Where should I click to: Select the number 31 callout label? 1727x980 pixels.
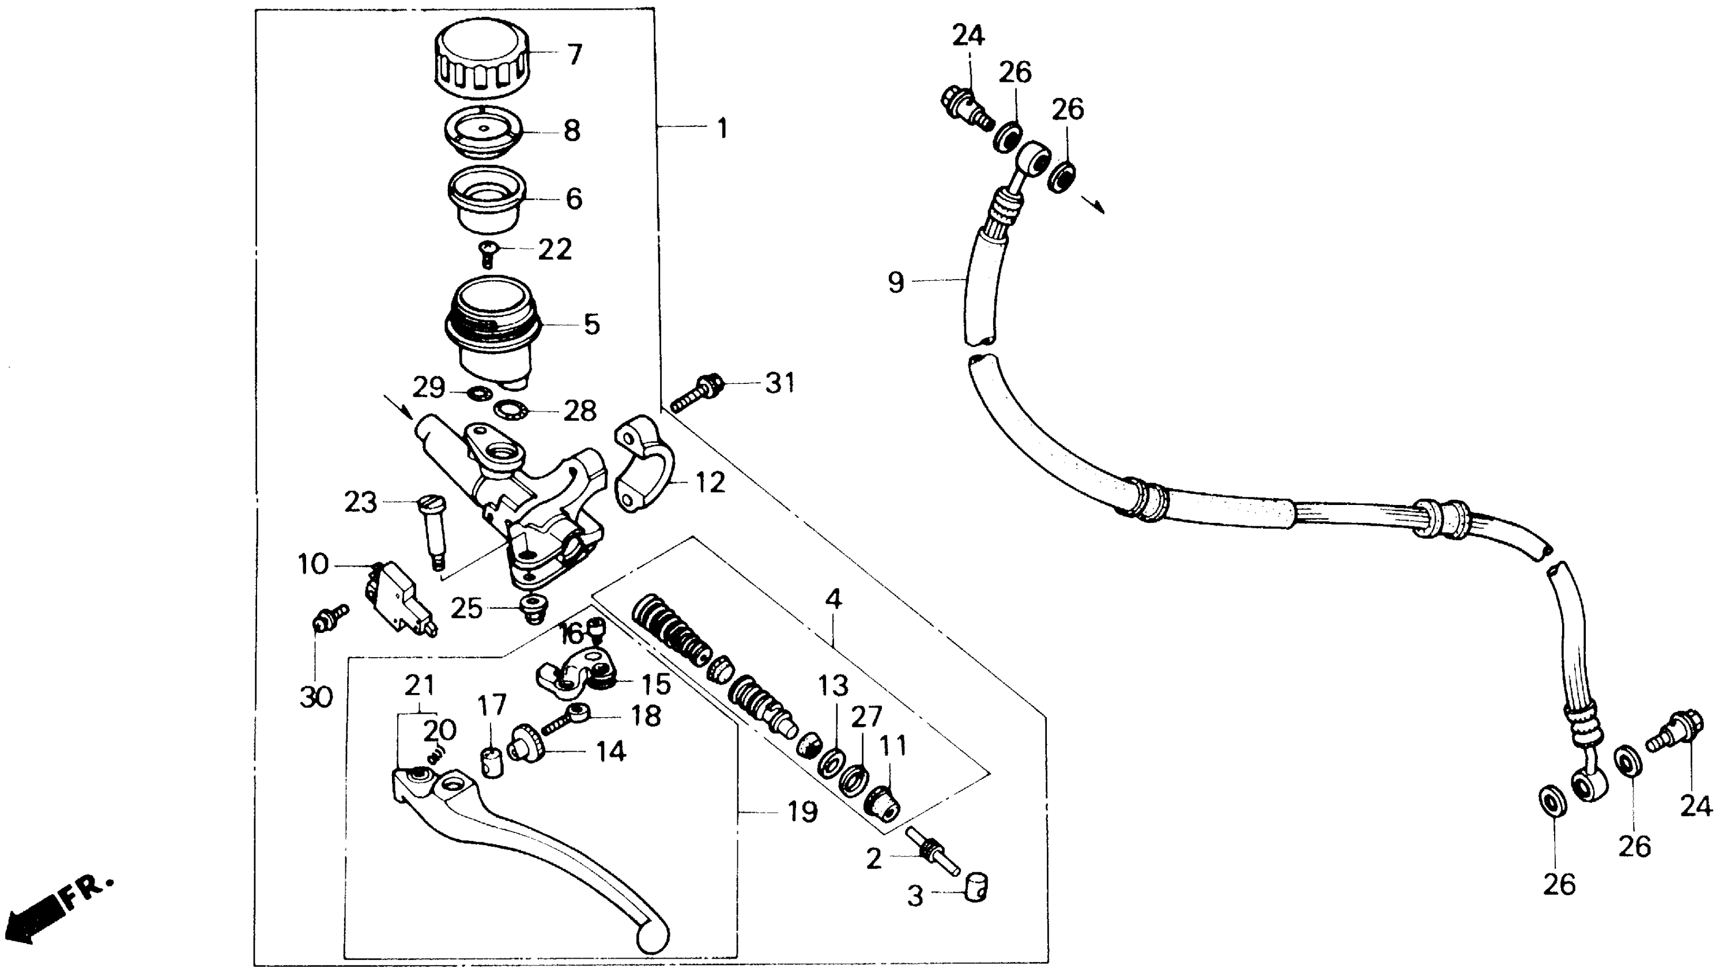coord(780,384)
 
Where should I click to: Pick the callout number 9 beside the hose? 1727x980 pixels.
coord(896,282)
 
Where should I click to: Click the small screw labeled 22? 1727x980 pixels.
coord(487,253)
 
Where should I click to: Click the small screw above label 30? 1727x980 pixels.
coord(329,618)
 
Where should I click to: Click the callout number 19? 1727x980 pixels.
coord(802,812)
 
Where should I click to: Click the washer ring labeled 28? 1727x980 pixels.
coord(511,409)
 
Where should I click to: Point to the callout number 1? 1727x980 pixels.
coord(722,128)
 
